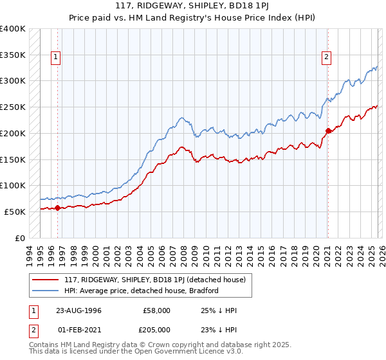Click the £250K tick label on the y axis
[13, 107]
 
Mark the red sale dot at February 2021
[327, 130]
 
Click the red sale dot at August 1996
[57, 208]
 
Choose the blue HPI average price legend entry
[142, 291]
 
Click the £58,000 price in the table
[156, 310]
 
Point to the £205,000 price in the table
[156, 329]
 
